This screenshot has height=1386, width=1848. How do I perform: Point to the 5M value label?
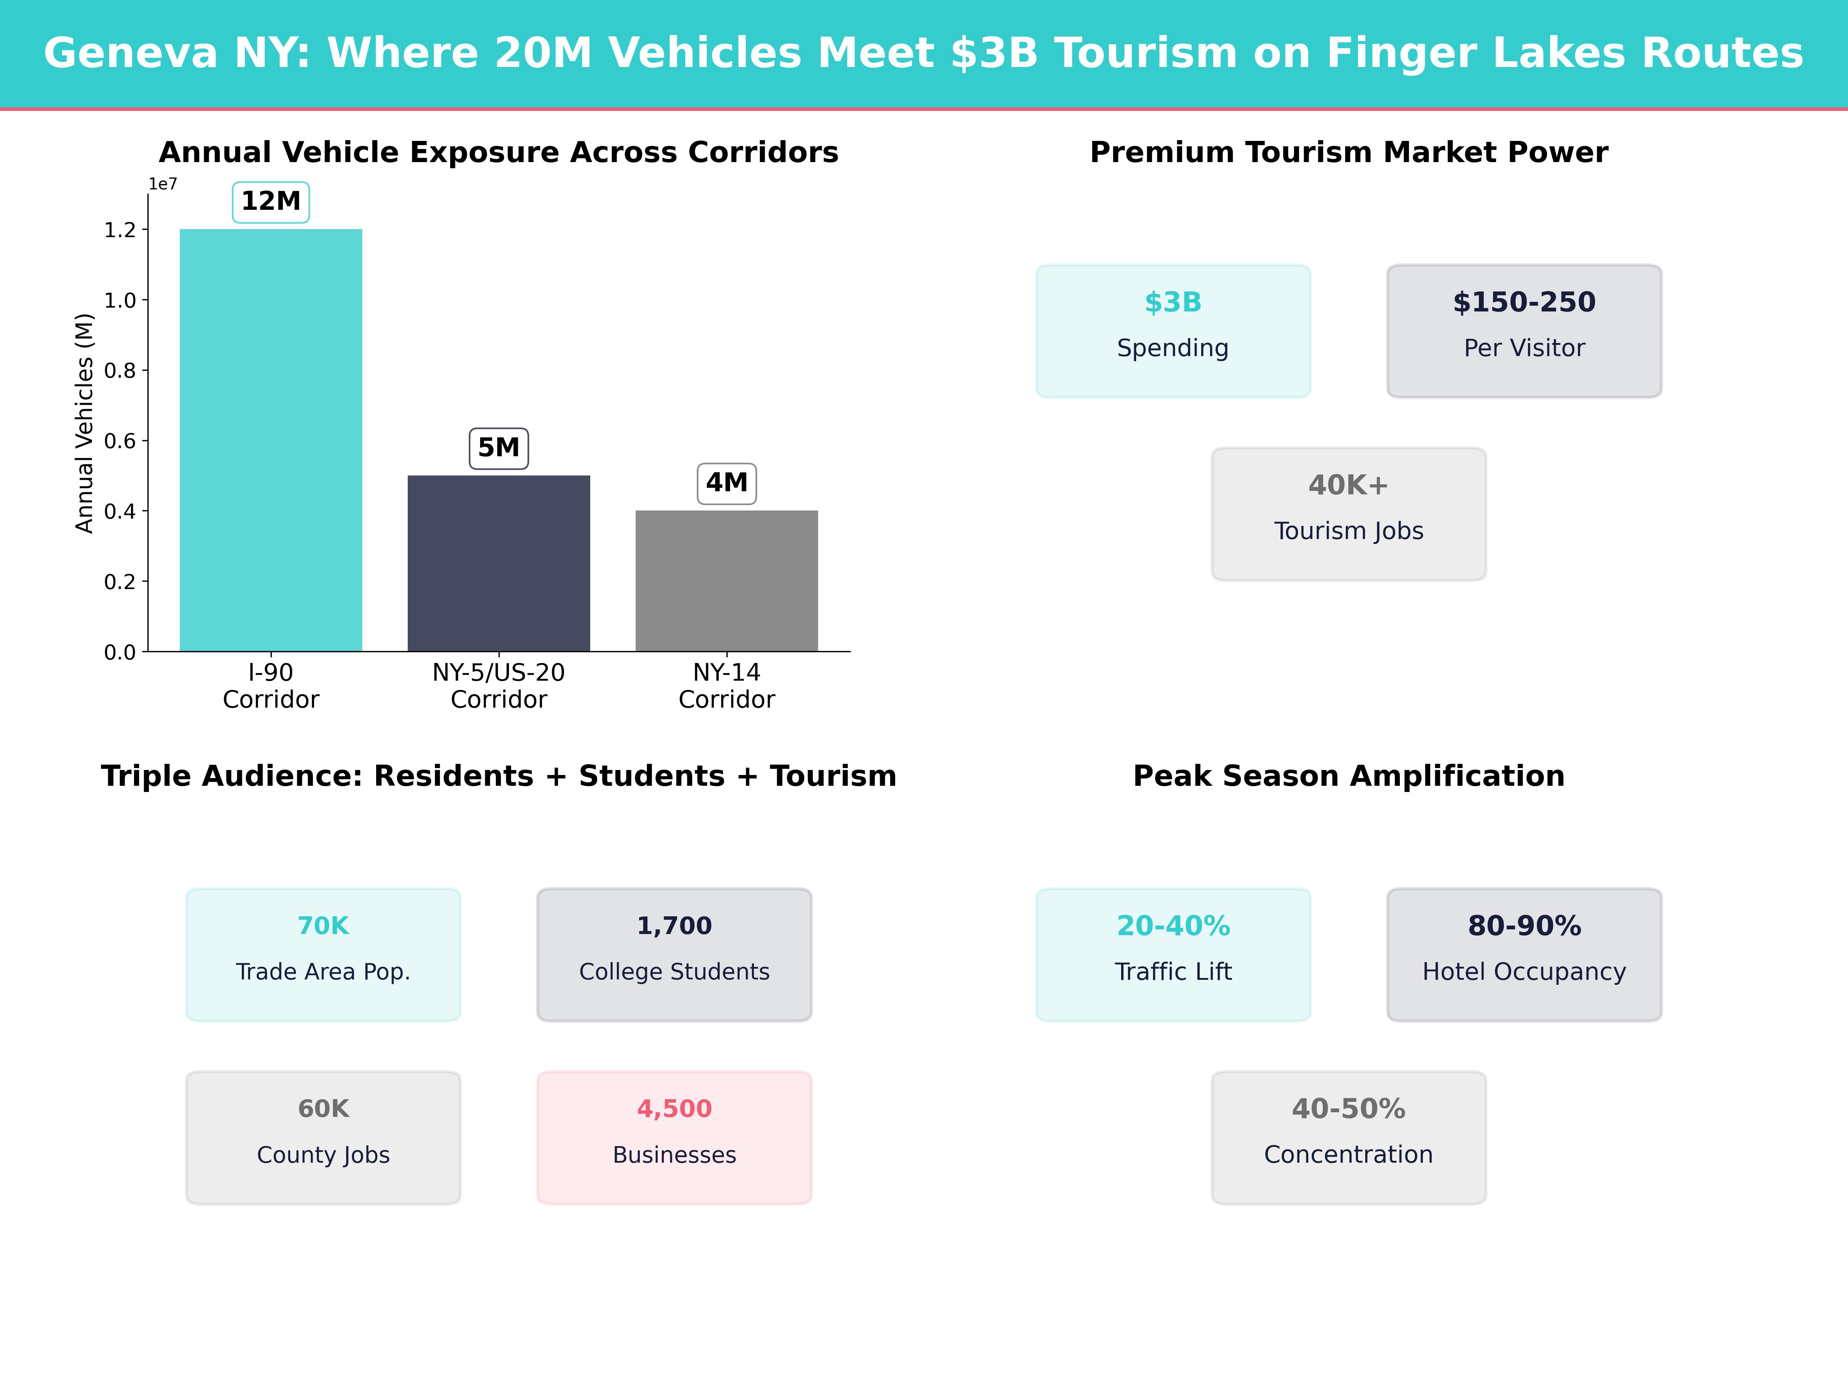499,448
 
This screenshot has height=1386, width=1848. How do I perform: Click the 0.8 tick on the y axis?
119,370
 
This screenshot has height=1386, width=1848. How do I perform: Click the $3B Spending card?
1173,331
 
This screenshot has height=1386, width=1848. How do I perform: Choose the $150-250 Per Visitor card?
1524,331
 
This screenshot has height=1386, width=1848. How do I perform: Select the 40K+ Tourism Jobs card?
1348,514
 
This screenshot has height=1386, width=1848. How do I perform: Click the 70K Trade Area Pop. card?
323,954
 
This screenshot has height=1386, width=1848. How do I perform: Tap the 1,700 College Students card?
674,954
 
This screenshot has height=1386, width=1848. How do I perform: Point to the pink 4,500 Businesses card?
674,1137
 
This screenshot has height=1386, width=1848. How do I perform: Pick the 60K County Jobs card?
323,1137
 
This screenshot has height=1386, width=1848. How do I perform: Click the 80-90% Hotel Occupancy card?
1524,954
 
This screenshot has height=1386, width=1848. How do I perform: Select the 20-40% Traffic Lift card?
1173,954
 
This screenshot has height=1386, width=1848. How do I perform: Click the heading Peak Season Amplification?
1348,776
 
